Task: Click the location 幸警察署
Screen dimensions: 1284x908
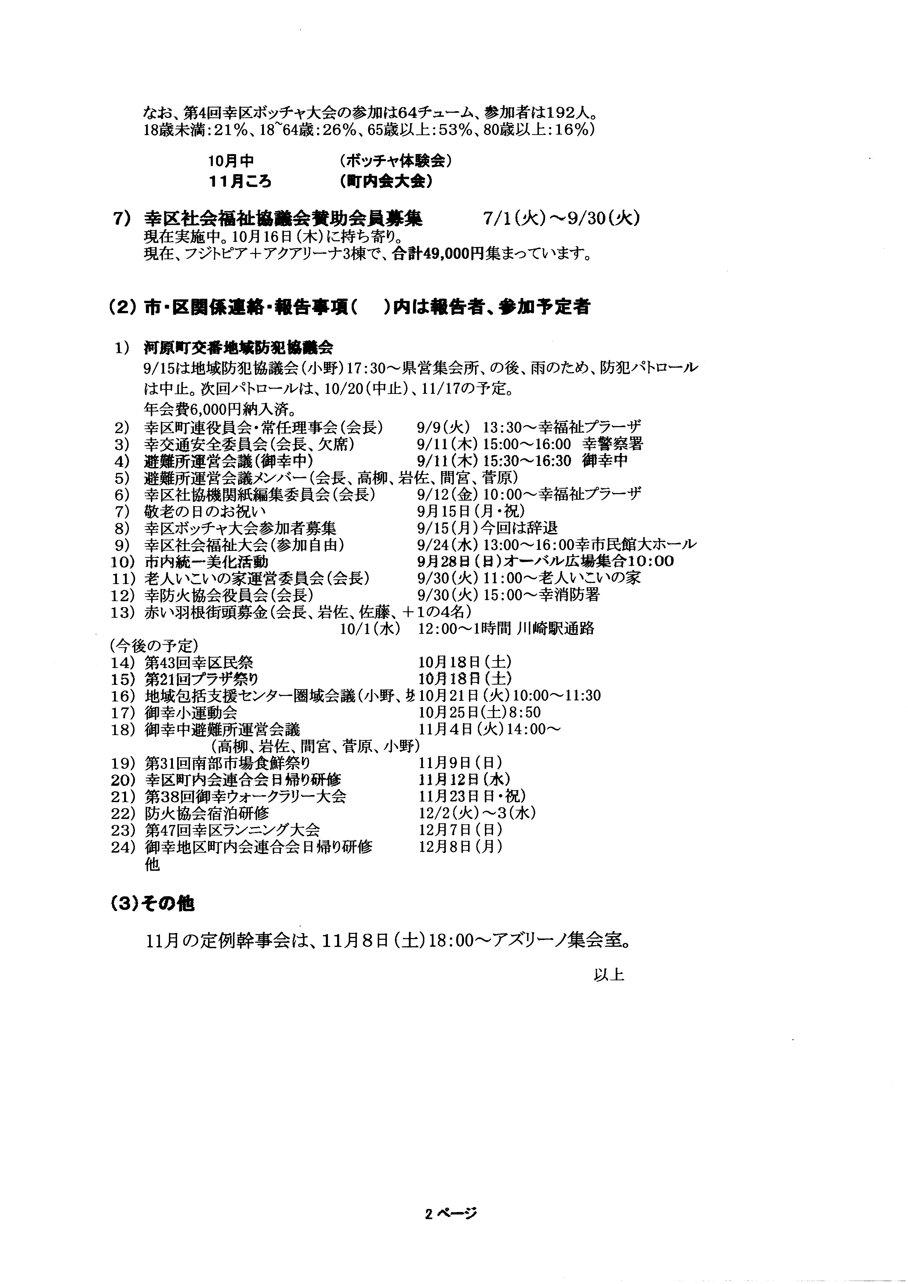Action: click(x=613, y=444)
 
